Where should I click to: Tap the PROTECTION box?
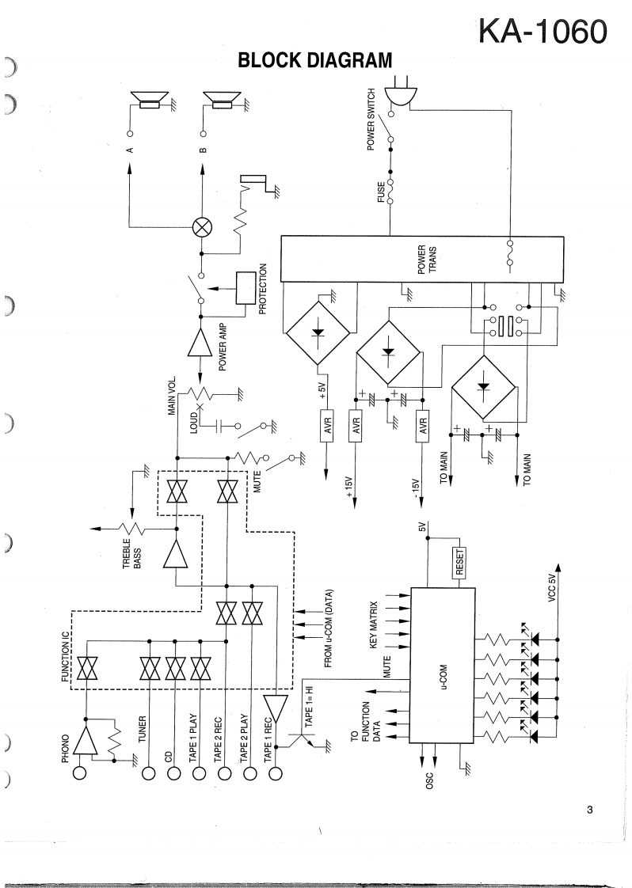[x=247, y=288]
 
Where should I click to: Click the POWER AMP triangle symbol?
[x=201, y=343]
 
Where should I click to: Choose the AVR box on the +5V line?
[x=327, y=428]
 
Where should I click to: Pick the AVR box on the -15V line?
[x=422, y=428]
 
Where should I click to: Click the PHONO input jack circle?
[x=79, y=773]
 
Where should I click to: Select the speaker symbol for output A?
[x=150, y=101]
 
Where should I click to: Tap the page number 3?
[x=590, y=809]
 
